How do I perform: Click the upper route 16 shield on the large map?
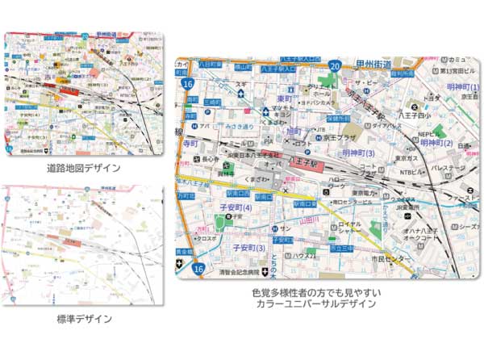click(188, 82)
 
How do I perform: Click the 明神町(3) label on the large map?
click(358, 153)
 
